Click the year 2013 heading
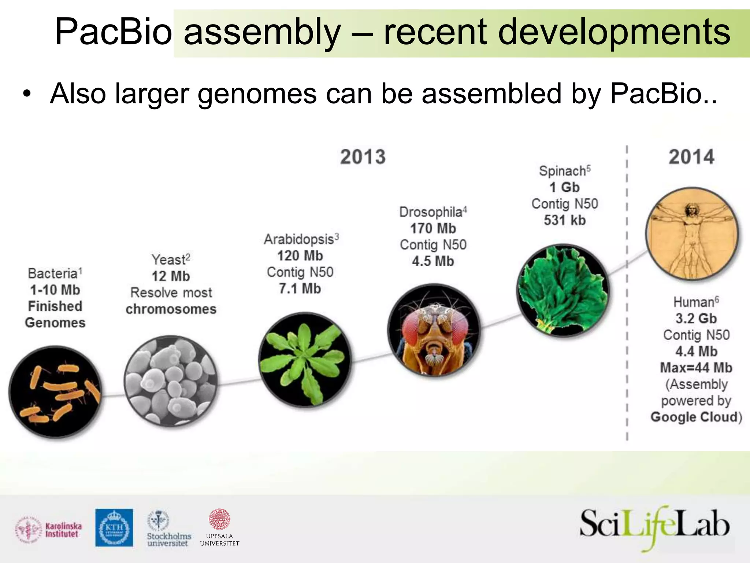(x=363, y=157)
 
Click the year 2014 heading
(x=691, y=157)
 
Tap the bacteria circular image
(x=55, y=391)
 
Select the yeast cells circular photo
(x=171, y=381)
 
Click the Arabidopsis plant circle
(x=305, y=360)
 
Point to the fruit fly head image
(x=434, y=330)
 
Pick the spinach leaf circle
(x=563, y=290)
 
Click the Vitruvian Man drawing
(x=692, y=233)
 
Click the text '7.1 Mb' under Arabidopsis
(x=300, y=289)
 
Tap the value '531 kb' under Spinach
(x=565, y=220)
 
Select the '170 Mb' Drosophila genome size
(x=433, y=229)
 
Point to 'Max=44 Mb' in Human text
(x=696, y=368)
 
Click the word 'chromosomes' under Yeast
(x=171, y=309)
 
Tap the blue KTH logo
(x=114, y=528)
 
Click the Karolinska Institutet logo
(x=48, y=530)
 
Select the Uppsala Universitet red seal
(x=219, y=519)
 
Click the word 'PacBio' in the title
(x=113, y=32)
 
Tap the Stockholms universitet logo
(x=168, y=529)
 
